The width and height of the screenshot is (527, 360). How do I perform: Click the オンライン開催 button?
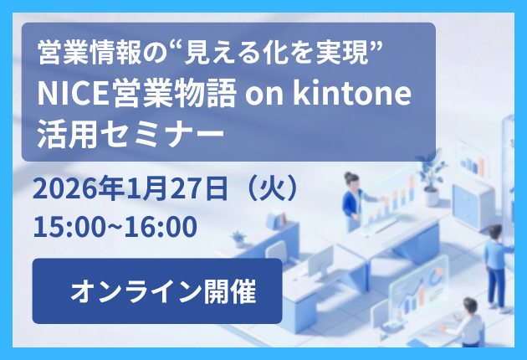[x=157, y=291]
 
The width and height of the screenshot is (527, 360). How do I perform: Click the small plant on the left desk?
[x=238, y=237]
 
